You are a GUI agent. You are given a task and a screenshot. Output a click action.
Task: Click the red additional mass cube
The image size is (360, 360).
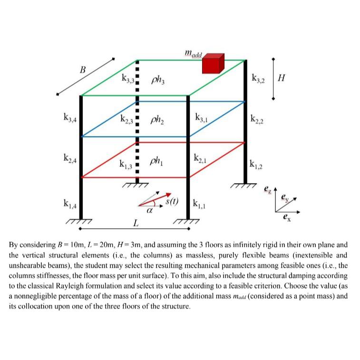(x=212, y=63)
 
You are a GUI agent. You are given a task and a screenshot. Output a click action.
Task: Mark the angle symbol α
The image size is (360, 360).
(x=150, y=209)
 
